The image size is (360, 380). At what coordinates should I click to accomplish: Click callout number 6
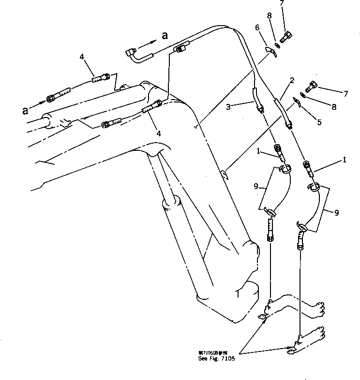[x=257, y=28]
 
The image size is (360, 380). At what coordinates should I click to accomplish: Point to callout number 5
[x=319, y=123]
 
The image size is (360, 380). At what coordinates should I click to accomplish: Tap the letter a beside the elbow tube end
[x=165, y=35]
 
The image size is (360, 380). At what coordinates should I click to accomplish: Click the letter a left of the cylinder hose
[x=25, y=110]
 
